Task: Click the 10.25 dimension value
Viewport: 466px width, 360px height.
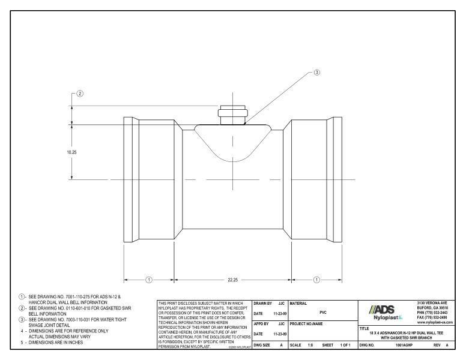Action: (x=72, y=152)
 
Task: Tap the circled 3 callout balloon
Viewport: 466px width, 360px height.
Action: (x=318, y=73)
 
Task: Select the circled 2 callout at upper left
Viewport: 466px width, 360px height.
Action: (x=80, y=94)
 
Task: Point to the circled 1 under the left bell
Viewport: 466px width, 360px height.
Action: (x=149, y=280)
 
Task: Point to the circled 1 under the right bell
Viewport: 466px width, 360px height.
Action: (x=316, y=280)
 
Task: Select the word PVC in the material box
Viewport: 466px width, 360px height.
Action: (x=323, y=313)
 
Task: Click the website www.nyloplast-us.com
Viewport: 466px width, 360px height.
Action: (x=435, y=323)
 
